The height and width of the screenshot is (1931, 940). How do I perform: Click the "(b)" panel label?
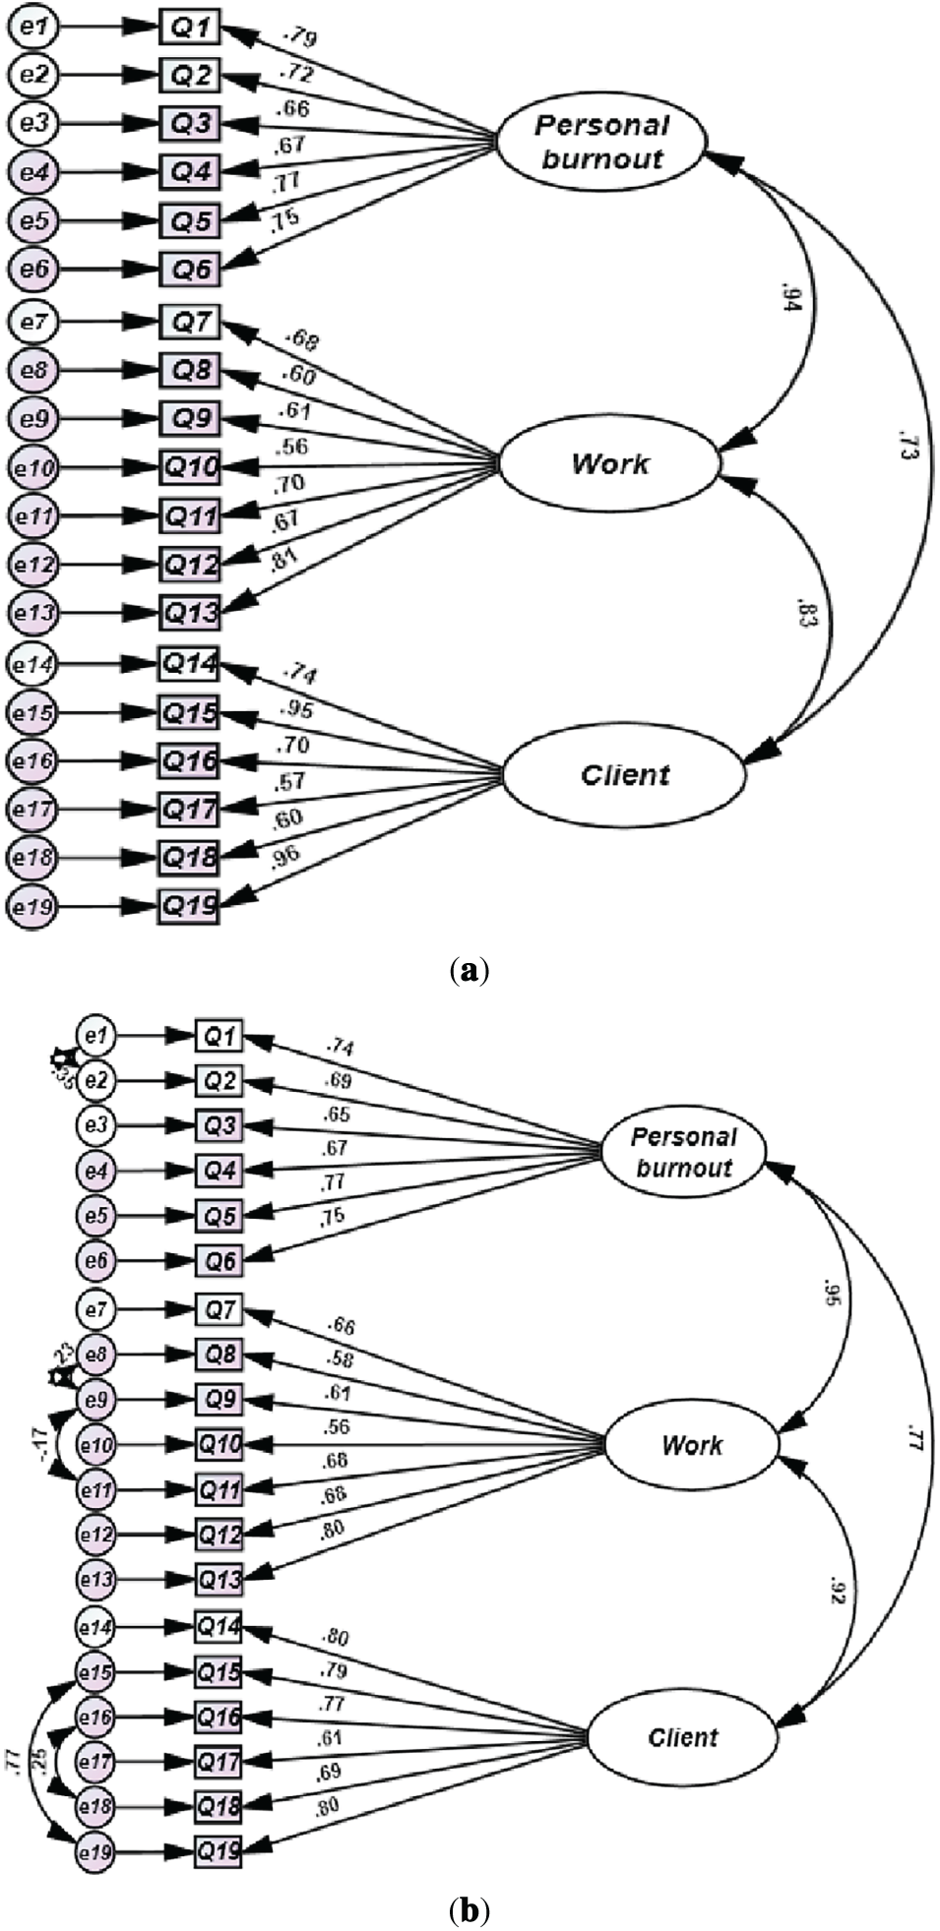[469, 1910]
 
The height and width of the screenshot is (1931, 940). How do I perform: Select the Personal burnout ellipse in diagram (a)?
[600, 142]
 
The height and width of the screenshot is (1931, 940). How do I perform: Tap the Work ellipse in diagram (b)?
[691, 1445]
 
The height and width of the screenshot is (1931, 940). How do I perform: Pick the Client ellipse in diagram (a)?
[624, 775]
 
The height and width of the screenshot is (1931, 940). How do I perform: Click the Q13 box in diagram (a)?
[190, 613]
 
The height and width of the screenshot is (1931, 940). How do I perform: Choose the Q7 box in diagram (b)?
[219, 1309]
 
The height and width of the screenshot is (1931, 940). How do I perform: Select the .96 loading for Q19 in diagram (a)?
[284, 857]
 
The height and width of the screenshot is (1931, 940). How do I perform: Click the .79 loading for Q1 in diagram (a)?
[298, 39]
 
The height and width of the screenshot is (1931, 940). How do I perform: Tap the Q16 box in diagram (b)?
[219, 1718]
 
